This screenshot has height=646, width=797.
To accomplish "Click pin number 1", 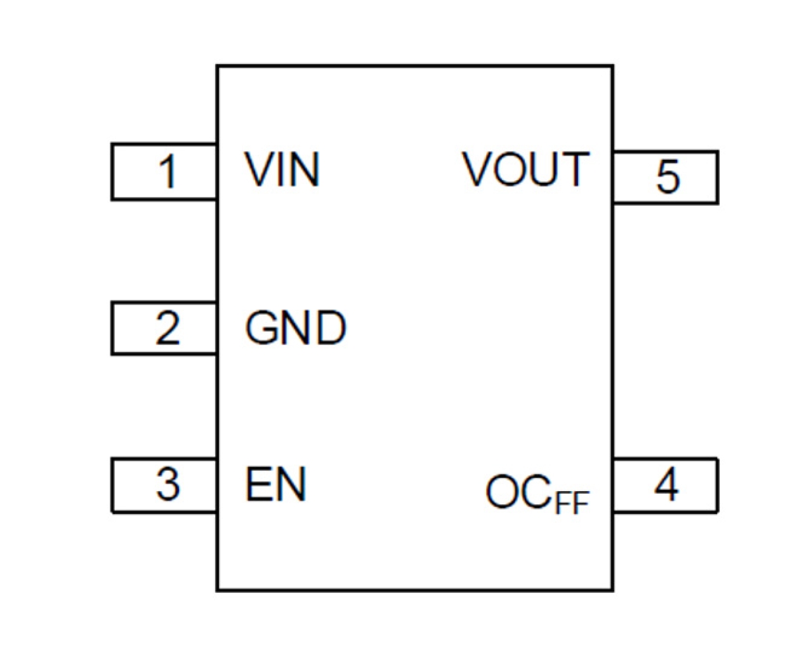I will pos(167,171).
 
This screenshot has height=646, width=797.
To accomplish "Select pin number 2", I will pos(168,328).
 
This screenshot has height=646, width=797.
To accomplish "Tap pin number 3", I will pos(168,485).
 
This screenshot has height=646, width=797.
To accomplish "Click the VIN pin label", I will pos(282,170).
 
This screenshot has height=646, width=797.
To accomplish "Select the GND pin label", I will pos(296,328).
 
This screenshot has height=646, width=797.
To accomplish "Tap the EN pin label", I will pos(275,485).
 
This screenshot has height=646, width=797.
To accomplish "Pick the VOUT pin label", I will pos(525,169).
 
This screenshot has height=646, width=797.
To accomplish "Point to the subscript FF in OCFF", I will pos(572,503).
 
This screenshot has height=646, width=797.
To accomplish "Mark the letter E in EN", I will pos(258,485).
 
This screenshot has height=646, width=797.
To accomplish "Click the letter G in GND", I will pos(261,328).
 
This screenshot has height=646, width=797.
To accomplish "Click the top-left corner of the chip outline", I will pos(218,65).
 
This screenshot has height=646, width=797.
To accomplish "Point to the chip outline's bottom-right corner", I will pos(612,590).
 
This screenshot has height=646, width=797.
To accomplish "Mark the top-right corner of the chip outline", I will pos(612,65).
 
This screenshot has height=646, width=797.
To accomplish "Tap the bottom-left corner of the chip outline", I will pos(218,590).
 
